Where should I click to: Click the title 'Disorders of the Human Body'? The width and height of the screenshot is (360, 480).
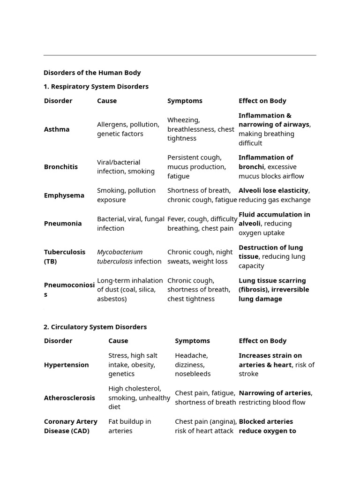click(x=92, y=73)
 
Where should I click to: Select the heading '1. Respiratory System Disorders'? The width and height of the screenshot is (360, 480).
click(x=96, y=86)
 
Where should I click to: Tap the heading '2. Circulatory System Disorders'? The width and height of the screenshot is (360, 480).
click(x=95, y=327)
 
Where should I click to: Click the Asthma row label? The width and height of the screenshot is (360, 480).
click(x=57, y=129)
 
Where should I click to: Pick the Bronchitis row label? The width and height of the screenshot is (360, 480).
click(x=61, y=167)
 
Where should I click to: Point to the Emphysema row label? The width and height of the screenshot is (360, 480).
click(x=64, y=195)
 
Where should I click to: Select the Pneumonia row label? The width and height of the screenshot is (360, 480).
click(x=63, y=224)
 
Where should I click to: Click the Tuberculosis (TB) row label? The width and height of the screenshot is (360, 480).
click(x=65, y=256)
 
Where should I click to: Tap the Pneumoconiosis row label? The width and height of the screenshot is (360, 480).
click(x=69, y=290)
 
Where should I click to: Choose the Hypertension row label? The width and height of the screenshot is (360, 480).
click(x=66, y=365)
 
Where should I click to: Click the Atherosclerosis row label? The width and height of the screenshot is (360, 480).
click(x=69, y=398)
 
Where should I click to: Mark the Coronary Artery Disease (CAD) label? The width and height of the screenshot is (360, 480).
click(x=70, y=426)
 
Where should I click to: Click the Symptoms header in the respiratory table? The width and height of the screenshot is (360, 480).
click(x=185, y=101)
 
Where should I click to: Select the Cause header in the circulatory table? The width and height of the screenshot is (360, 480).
click(x=118, y=341)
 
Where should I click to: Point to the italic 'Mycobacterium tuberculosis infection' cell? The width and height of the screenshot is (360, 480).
click(x=129, y=256)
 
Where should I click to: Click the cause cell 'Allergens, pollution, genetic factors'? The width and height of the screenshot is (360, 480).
click(x=128, y=129)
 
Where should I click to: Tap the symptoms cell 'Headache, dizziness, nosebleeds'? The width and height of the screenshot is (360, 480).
click(x=193, y=365)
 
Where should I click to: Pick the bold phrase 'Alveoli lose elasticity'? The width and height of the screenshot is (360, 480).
click(x=273, y=190)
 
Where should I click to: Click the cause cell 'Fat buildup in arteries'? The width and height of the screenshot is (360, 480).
click(x=129, y=426)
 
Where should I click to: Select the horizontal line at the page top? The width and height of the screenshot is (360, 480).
click(x=180, y=55)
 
